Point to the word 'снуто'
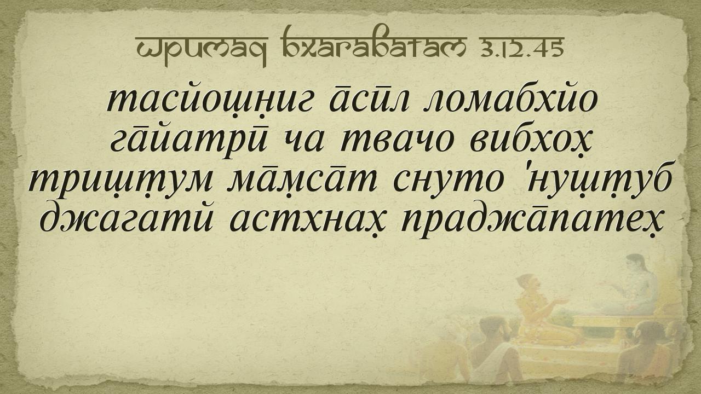click(x=449, y=182)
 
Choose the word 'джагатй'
click(x=128, y=218)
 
